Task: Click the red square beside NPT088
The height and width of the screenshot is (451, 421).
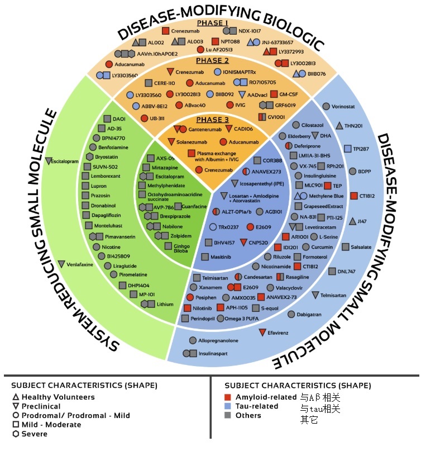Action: point(215,41)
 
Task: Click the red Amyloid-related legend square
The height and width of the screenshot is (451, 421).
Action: point(228,397)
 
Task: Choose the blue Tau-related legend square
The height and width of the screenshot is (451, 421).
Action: point(228,406)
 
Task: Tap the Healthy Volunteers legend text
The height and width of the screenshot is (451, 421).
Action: point(58,397)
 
